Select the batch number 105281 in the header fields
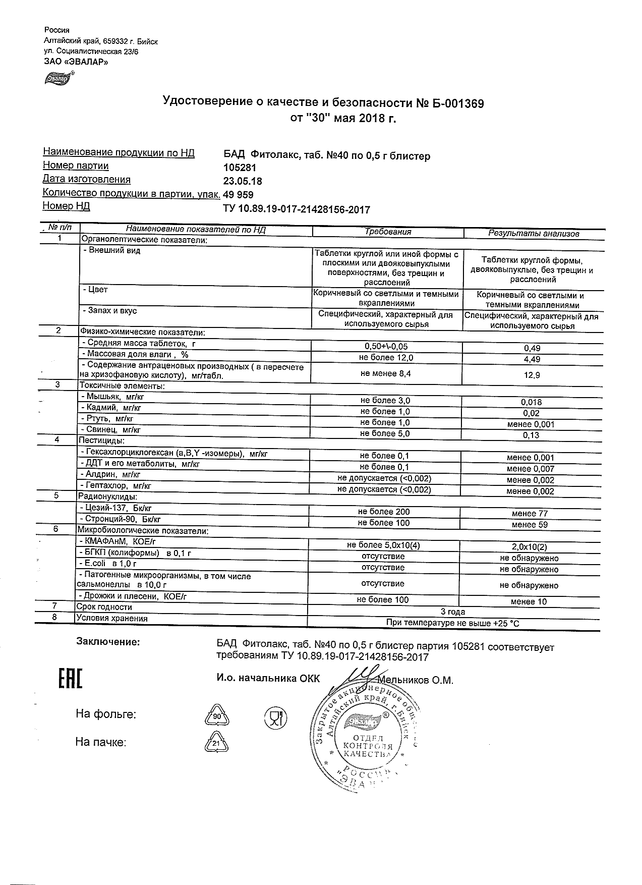240,168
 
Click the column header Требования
388,232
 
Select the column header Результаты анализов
534,234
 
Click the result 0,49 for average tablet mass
532,348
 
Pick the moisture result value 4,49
532,359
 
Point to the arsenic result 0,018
532,402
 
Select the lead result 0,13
532,435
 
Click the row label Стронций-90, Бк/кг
121,519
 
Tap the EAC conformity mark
70,679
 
